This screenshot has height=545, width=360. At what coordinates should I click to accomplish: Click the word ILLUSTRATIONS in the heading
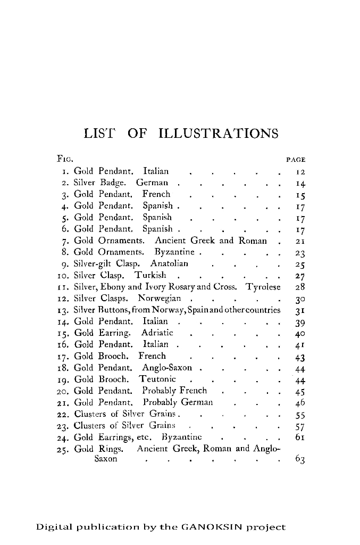pos(219,133)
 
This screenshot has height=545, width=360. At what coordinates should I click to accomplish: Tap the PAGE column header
pos(296,159)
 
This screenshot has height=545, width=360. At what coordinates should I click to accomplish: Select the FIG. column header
pos(65,159)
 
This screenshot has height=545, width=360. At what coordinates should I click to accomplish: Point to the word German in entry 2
pos(152,183)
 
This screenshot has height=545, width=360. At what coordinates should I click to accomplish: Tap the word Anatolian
pos(169,263)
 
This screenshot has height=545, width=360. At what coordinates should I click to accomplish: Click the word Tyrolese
pos(263,287)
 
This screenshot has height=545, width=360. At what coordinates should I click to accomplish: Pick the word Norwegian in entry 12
pos(160,298)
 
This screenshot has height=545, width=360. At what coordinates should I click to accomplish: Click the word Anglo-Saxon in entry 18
pos(167,367)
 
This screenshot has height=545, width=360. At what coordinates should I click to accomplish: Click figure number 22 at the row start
pos(65,414)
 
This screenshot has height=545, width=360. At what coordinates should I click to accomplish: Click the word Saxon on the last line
pos(106,459)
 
